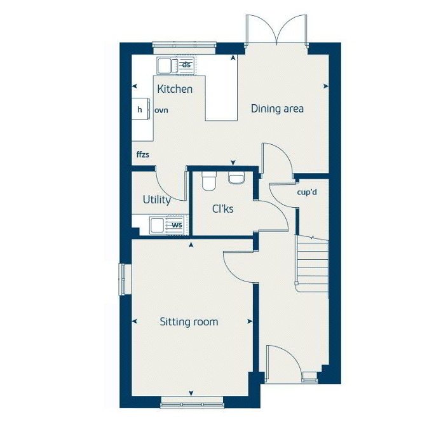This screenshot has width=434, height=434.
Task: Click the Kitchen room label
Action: coord(175,89)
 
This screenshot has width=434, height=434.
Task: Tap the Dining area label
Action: coord(277,109)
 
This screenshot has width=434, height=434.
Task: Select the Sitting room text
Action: coord(189,322)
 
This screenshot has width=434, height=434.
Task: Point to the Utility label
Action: coord(157,200)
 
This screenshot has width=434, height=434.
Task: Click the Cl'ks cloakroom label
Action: coord(222,208)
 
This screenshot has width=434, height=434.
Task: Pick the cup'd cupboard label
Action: coord(307,192)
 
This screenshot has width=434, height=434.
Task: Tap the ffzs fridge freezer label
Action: coord(142,154)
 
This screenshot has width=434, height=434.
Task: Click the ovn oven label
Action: coord(161,111)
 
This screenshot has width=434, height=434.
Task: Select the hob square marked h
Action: coord(140,109)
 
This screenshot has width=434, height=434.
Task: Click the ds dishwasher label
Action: coord(186,65)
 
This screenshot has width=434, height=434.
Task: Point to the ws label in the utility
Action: coord(177,225)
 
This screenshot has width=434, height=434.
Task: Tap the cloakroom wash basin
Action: coord(236,178)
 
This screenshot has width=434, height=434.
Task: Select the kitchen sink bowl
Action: coord(165,66)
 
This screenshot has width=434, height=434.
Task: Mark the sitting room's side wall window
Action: coord(121,279)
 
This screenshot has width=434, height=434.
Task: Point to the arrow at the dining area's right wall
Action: coord(326,86)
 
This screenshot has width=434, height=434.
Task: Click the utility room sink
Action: coord(157,226)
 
